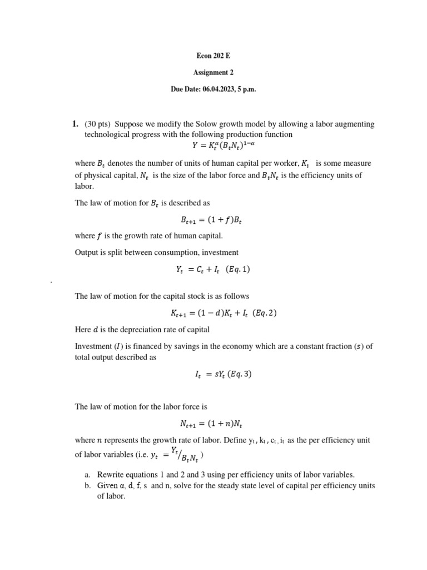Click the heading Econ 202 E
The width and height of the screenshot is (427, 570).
point(213,56)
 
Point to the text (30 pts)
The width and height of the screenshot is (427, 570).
point(97,124)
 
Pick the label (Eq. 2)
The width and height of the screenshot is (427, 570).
point(264,313)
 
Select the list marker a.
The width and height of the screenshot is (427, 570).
point(87,475)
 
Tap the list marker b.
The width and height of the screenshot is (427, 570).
point(87,485)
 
